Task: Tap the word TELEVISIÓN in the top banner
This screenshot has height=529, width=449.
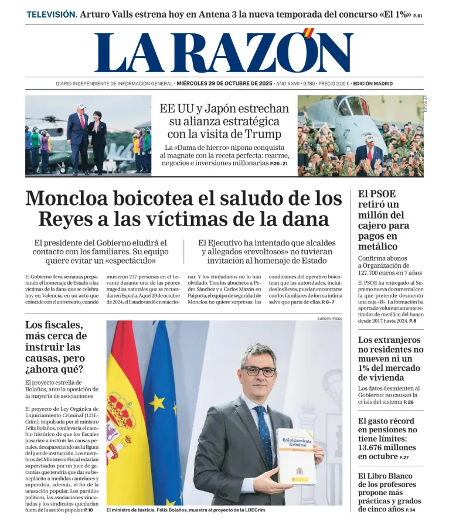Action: tap(52, 14)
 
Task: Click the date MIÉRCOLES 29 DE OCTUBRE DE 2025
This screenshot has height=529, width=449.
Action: tap(225, 84)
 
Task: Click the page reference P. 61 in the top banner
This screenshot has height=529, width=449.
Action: tap(417, 15)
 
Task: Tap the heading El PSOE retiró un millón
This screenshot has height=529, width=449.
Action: tap(385, 220)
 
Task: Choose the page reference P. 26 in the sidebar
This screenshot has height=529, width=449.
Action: tap(409, 402)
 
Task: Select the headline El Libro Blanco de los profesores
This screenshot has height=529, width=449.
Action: tap(389, 492)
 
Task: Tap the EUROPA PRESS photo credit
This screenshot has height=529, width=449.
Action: tap(329, 319)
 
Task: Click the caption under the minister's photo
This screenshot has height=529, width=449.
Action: tap(186, 510)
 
